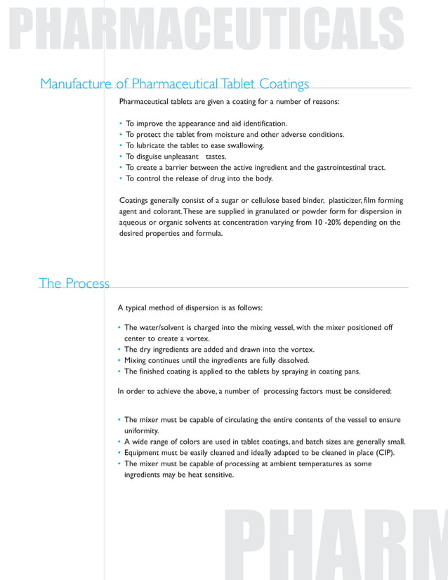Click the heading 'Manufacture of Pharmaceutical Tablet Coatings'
pos(174,84)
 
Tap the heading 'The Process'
pos(74,283)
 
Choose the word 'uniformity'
pos(142,430)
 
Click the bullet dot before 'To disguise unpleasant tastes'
pos(121,157)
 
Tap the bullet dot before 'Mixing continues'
pos(119,360)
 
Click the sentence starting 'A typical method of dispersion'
pos(190,308)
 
